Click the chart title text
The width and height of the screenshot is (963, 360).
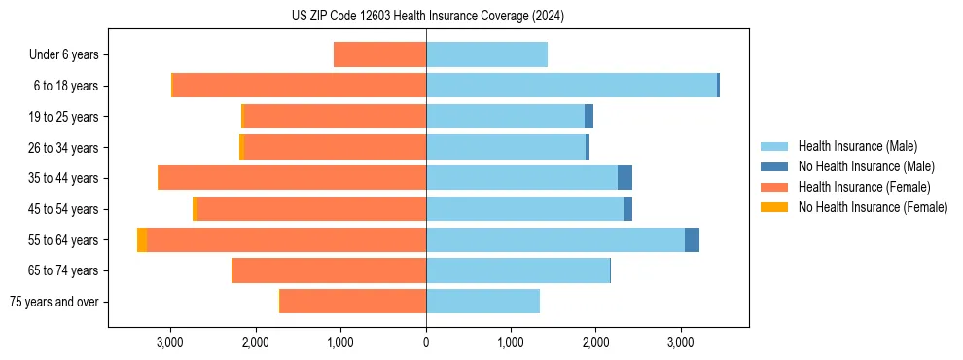(427, 16)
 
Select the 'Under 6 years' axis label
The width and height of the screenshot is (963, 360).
(70, 55)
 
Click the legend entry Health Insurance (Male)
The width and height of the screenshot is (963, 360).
(857, 146)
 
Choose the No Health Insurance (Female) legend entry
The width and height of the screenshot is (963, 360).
(873, 207)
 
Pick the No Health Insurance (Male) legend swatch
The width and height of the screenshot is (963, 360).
(774, 166)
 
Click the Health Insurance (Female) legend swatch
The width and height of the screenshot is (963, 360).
(774, 187)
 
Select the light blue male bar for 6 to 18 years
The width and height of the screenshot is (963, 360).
(571, 86)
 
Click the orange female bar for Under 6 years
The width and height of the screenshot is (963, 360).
(379, 55)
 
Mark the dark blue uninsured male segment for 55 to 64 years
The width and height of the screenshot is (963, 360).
(692, 239)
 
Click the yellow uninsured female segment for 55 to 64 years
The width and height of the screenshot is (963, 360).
(142, 239)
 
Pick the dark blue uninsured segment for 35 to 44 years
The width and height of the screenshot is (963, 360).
(624, 178)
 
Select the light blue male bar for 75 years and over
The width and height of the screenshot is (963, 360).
(482, 302)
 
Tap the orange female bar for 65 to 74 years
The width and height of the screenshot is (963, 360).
(330, 270)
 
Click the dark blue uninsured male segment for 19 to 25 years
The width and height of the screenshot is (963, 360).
(588, 117)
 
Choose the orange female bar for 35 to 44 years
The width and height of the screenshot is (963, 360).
(292, 178)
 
